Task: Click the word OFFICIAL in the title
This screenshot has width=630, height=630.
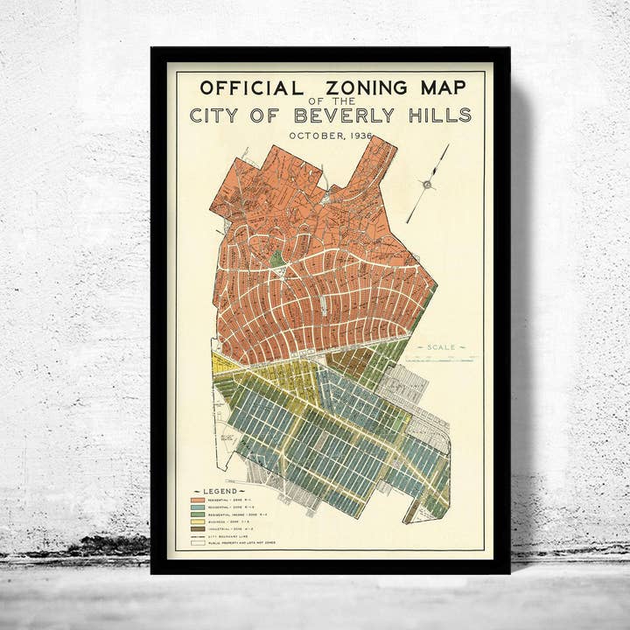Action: (x=251, y=87)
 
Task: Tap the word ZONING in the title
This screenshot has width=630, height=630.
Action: (x=364, y=87)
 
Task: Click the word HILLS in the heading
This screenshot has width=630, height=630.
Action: (x=439, y=115)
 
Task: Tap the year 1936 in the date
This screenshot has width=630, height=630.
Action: (x=359, y=136)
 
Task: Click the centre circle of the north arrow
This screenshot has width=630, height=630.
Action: (x=427, y=184)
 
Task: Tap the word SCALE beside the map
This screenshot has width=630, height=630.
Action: (x=441, y=347)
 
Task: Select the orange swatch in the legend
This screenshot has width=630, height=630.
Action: (x=199, y=500)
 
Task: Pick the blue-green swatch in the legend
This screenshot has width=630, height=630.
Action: (x=199, y=508)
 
